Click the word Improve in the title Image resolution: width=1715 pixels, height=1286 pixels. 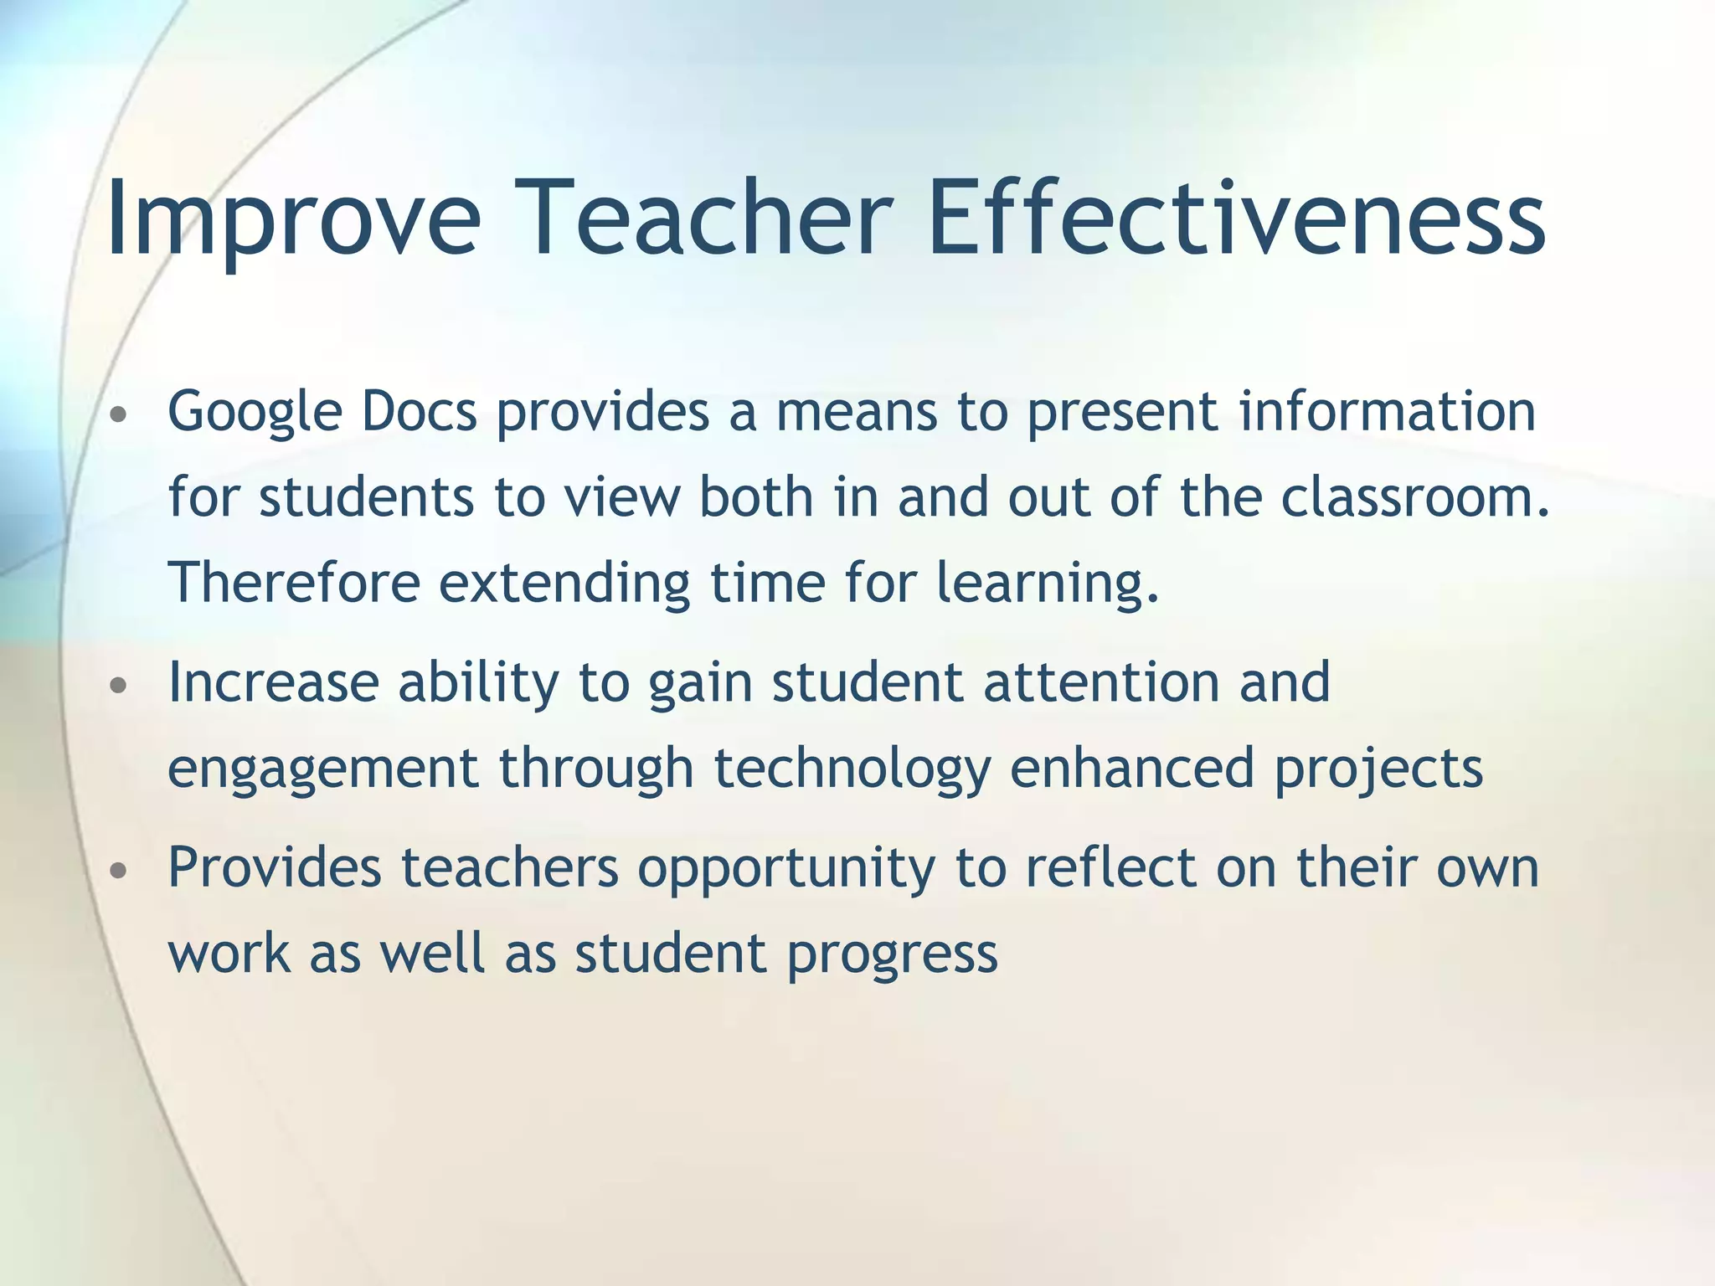tap(293, 219)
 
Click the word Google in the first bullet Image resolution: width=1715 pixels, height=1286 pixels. tap(255, 414)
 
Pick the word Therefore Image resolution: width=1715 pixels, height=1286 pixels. tap(294, 583)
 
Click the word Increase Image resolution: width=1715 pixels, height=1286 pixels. tap(273, 682)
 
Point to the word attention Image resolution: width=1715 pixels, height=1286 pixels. tap(1101, 682)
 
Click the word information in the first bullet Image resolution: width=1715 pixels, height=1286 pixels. tap(1387, 412)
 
